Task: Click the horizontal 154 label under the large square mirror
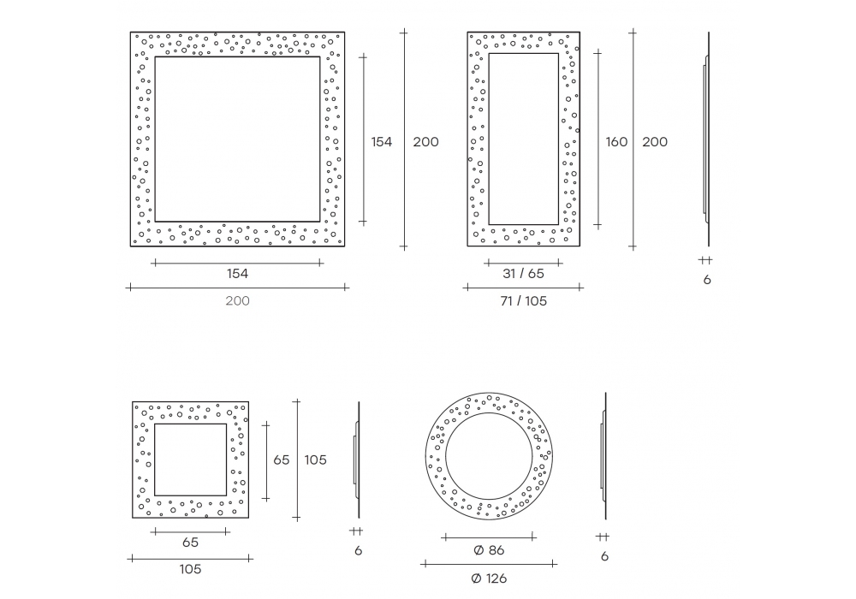[237, 273]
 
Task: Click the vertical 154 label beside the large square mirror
[382, 142]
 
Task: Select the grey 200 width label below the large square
[237, 300]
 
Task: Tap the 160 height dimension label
[616, 142]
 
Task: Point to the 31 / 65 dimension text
[524, 273]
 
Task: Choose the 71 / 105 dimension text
[524, 300]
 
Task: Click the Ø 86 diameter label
[489, 550]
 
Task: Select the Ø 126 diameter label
[489, 578]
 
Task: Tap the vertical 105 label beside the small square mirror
[316, 460]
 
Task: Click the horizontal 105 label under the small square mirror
[191, 569]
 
